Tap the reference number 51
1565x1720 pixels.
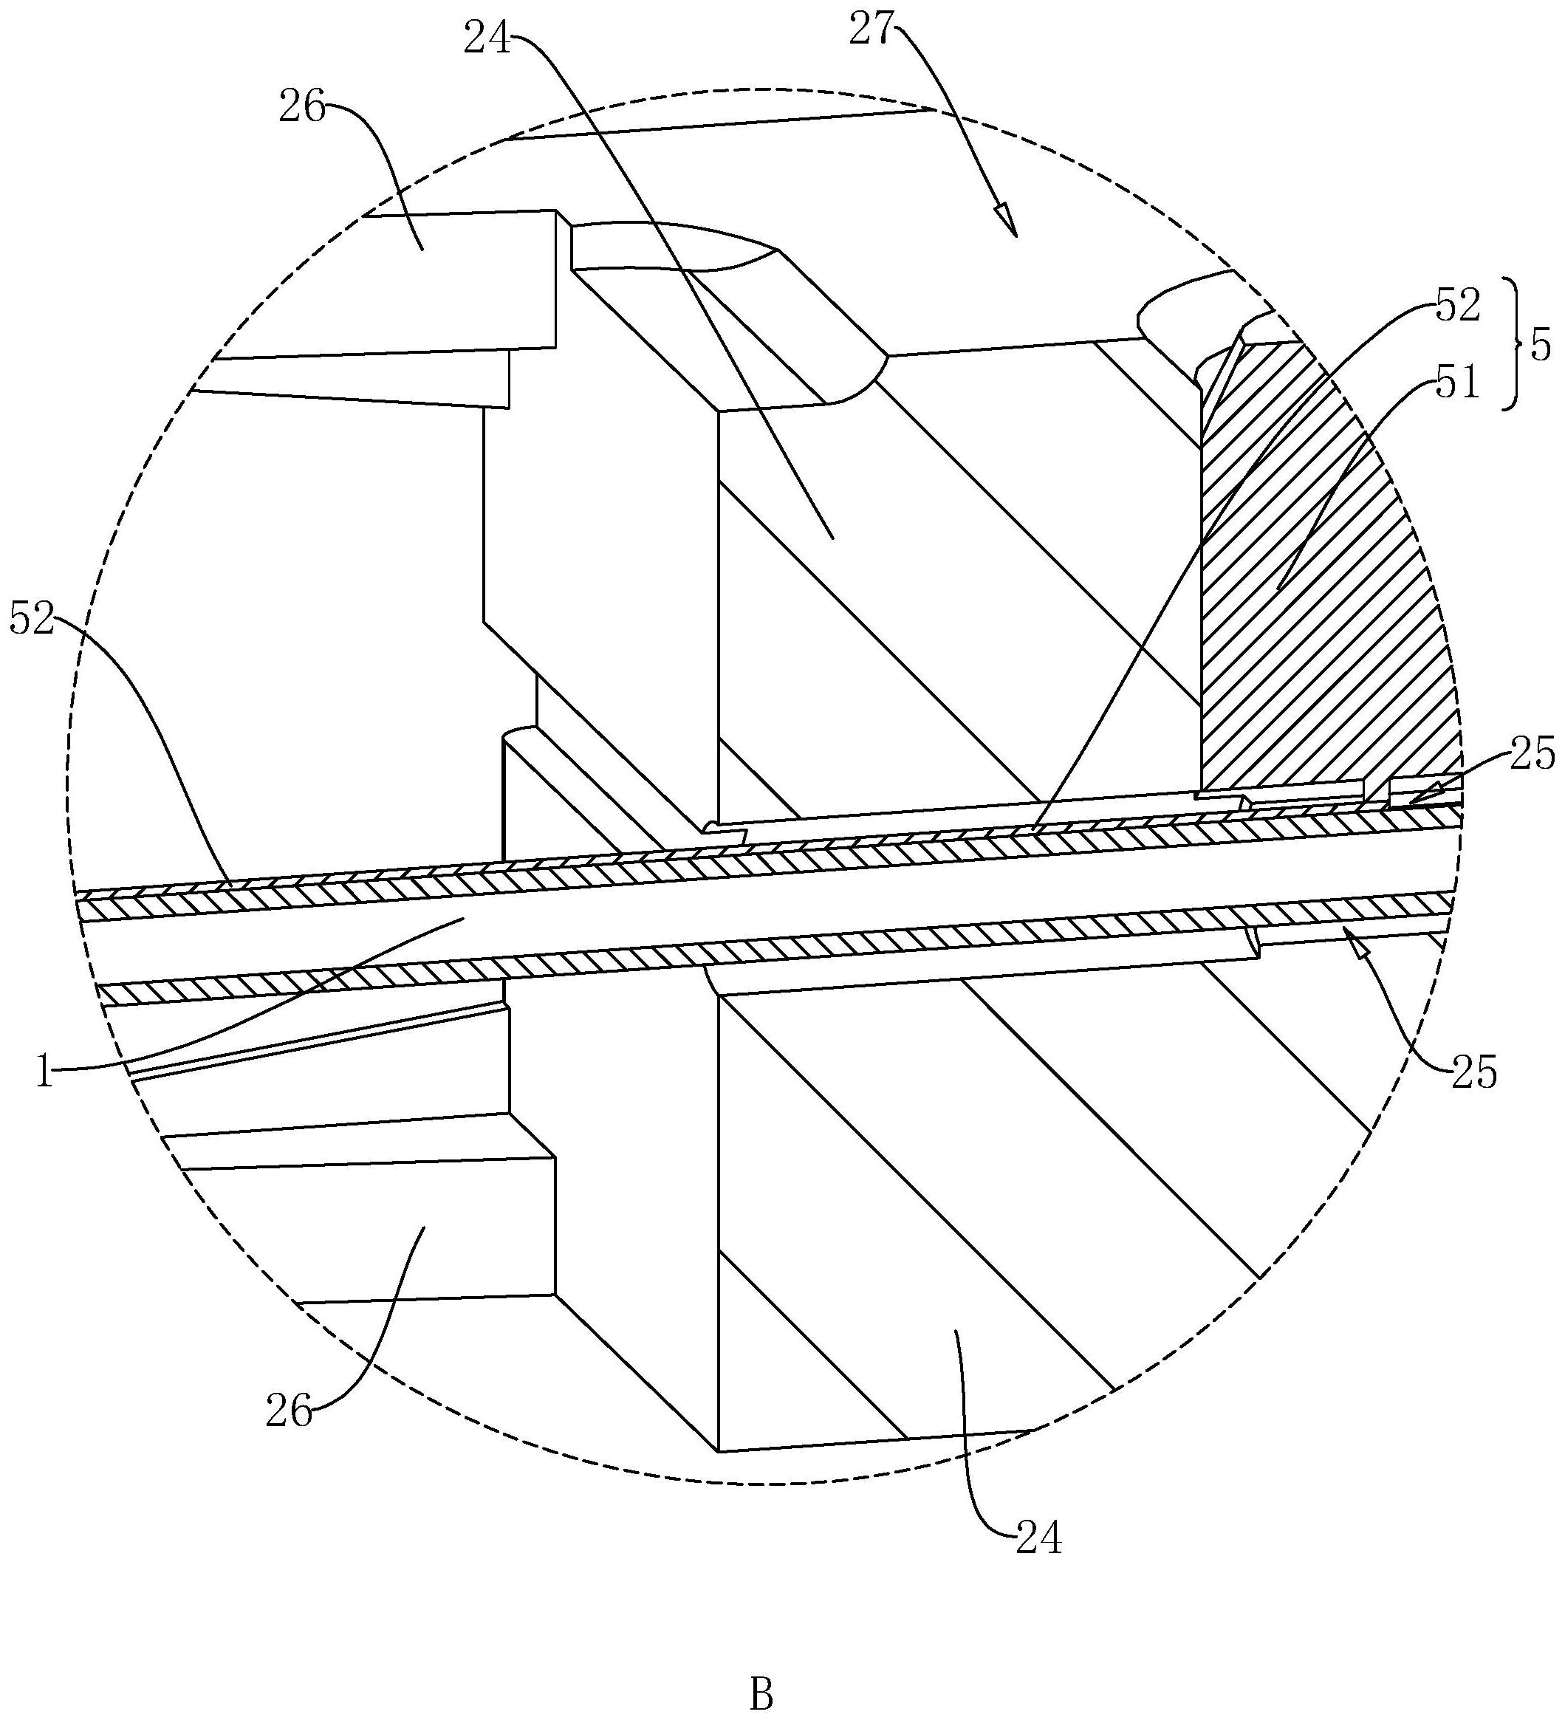click(1457, 384)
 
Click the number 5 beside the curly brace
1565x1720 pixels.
click(1541, 348)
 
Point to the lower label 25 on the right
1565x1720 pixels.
click(1473, 1072)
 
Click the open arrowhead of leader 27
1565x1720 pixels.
click(1010, 221)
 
